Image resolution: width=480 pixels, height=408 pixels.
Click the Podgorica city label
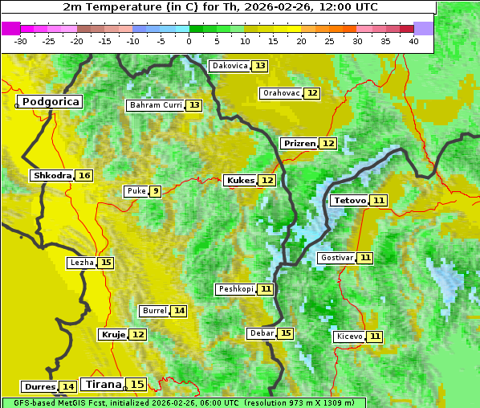point(50,102)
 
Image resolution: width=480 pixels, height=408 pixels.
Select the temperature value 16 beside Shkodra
point(84,175)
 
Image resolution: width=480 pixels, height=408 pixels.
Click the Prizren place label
point(299,143)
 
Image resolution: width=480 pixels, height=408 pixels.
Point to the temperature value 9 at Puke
point(155,191)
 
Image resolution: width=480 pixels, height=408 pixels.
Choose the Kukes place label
point(241,181)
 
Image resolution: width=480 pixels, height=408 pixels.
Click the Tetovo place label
point(349,200)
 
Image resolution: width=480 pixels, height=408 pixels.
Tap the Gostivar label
point(336,258)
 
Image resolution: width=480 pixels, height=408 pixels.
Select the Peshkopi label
point(235,289)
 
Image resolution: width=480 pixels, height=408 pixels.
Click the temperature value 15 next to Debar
point(286,333)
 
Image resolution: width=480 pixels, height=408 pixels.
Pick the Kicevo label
point(350,337)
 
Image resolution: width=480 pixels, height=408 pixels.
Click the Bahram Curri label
point(156,105)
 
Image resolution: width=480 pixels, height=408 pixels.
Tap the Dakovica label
point(229,66)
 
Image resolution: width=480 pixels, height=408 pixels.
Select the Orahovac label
point(281,93)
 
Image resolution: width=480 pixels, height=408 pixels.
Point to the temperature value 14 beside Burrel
point(179,311)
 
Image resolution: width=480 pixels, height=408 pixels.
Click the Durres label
point(39,387)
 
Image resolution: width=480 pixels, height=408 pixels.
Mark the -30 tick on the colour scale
point(22,41)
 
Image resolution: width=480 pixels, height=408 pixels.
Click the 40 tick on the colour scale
point(413,41)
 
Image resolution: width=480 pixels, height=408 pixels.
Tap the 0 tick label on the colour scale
point(189,41)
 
